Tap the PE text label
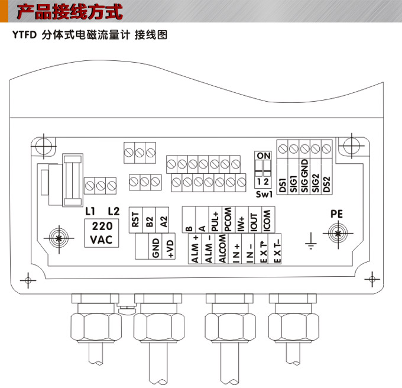(336, 214)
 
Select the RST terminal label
(135, 221)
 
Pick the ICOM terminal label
(267, 221)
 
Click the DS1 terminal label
(283, 185)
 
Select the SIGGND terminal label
(304, 177)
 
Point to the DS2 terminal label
(326, 185)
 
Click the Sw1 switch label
(264, 194)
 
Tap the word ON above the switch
(264, 156)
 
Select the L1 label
(90, 211)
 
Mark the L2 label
(114, 211)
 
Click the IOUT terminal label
(254, 222)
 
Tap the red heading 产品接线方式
(69, 12)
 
